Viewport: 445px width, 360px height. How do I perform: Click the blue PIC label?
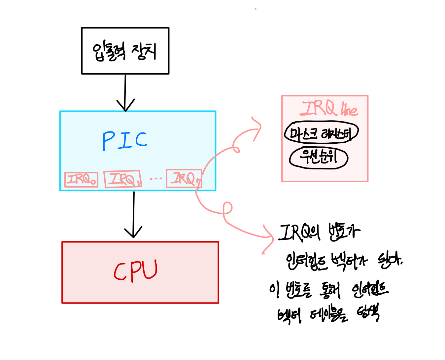pyautogui.click(x=125, y=141)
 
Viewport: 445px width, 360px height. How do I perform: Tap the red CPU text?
pyautogui.click(x=136, y=271)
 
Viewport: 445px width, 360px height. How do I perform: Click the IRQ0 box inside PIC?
pyautogui.click(x=81, y=180)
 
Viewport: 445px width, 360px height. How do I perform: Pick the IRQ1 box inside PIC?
pyautogui.click(x=123, y=179)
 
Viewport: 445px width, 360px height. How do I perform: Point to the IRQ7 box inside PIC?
pyautogui.click(x=184, y=178)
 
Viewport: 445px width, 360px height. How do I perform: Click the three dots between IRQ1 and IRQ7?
pyautogui.click(x=155, y=179)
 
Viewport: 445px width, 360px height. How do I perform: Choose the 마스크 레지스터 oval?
pyautogui.click(x=321, y=133)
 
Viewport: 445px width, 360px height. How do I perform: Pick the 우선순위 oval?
pyautogui.click(x=319, y=158)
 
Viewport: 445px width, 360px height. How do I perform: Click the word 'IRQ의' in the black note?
pyautogui.click(x=299, y=233)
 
